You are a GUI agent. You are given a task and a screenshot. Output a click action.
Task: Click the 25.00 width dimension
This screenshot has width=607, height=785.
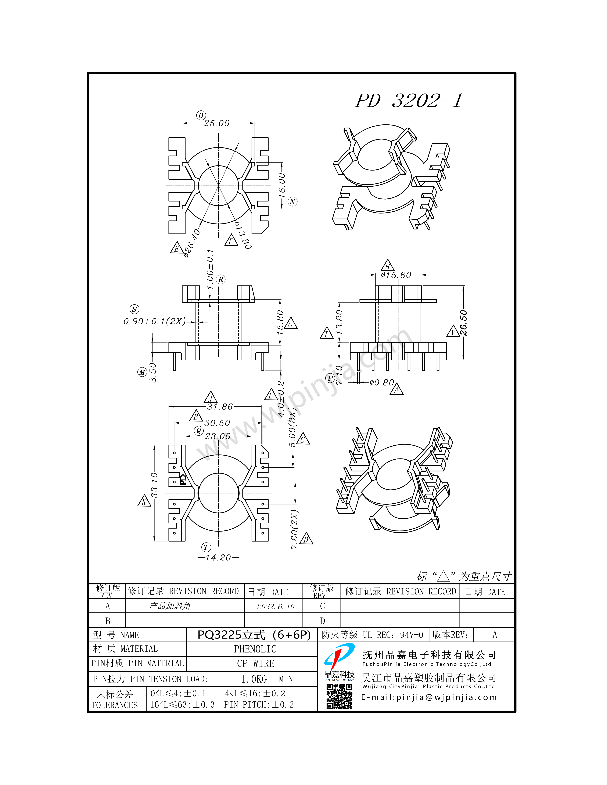coord(216,123)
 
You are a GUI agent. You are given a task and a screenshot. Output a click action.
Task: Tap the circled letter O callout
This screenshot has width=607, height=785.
coord(201,115)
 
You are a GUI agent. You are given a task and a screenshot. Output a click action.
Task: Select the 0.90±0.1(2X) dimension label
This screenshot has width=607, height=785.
coord(155,321)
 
